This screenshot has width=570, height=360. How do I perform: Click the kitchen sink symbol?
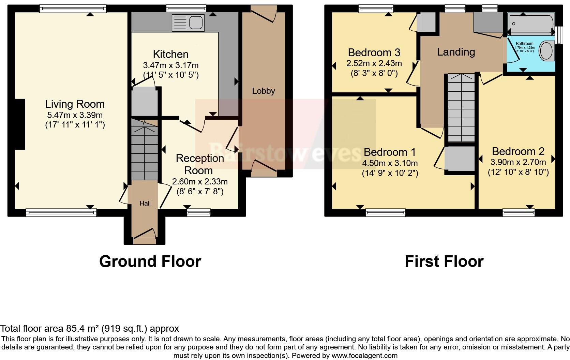click(188, 23)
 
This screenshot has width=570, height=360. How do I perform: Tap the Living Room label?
click(75, 104)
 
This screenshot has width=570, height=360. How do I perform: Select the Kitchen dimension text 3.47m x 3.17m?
click(170, 65)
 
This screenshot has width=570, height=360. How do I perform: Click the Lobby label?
click(263, 91)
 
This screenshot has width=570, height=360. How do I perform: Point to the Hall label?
click(145, 204)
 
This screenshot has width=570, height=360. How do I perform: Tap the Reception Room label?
click(199, 164)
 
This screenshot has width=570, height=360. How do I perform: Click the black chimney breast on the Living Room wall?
click(20, 124)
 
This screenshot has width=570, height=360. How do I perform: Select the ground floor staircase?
click(145, 152)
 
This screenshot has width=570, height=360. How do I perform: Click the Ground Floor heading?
click(150, 261)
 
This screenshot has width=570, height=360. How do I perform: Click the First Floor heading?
click(444, 261)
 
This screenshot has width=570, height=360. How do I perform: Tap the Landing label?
click(456, 52)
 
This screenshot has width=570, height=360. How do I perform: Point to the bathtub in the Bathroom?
click(530, 24)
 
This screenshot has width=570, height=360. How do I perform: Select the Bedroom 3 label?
click(374, 52)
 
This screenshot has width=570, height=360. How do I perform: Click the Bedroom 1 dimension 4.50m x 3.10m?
click(390, 163)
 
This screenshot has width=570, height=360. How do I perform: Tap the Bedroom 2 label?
click(518, 151)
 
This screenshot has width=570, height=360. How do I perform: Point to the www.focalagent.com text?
click(364, 356)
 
